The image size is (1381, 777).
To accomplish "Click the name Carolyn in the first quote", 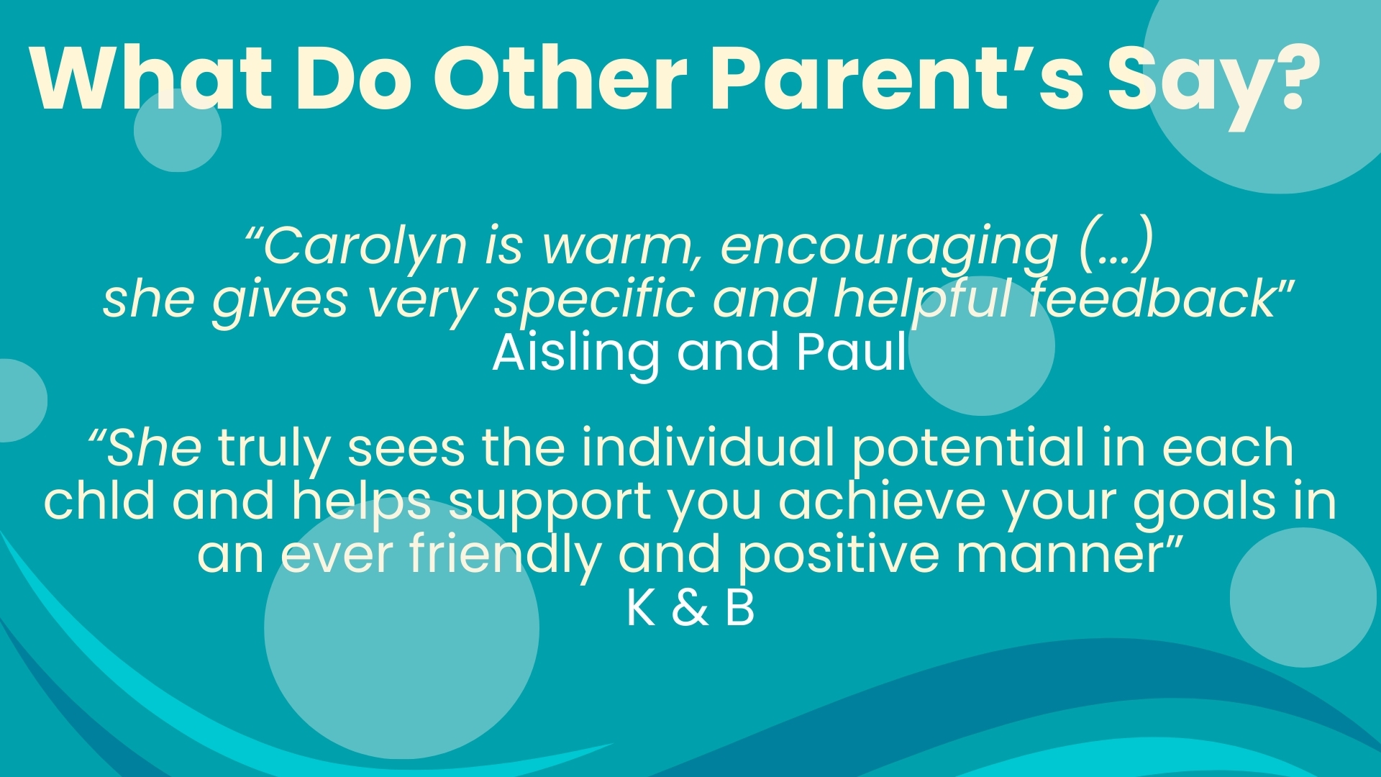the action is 364,246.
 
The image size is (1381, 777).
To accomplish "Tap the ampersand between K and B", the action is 690,609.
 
